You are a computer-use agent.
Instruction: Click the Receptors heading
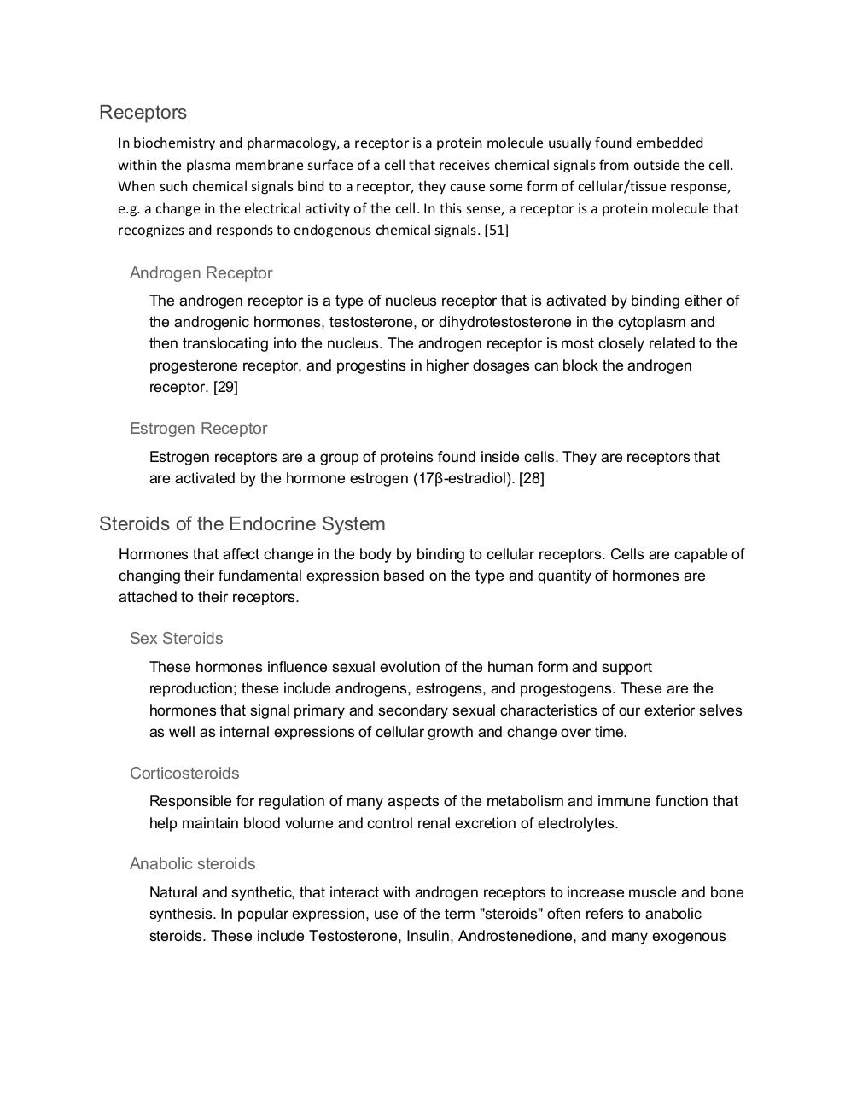click(x=143, y=113)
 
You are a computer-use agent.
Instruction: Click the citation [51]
click(x=496, y=230)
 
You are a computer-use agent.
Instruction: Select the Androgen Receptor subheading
click(x=201, y=273)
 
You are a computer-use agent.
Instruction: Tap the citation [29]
click(x=225, y=387)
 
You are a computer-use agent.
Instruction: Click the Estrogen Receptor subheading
click(x=198, y=429)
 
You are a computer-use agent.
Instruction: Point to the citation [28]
click(x=531, y=478)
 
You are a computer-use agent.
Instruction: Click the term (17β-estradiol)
click(x=461, y=478)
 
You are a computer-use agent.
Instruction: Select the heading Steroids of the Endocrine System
click(x=242, y=524)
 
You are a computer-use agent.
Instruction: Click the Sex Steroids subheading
click(x=176, y=639)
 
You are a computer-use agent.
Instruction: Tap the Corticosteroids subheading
click(x=184, y=774)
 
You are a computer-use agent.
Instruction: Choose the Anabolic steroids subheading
click(x=192, y=864)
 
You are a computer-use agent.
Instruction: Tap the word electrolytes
click(x=573, y=823)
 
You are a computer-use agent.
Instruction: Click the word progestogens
click(x=574, y=688)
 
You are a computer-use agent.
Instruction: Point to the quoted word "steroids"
click(x=512, y=915)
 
